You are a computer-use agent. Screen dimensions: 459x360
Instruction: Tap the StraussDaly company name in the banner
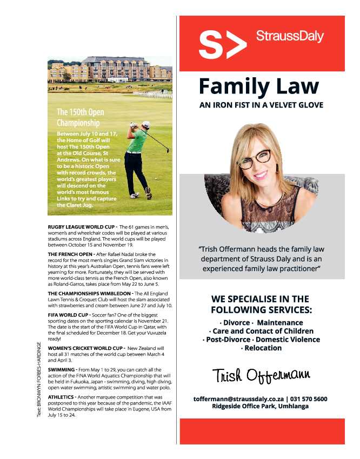pos(290,37)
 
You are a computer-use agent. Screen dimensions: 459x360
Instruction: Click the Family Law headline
pos(259,86)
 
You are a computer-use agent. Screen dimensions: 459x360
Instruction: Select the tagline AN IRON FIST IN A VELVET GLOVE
pos(261,105)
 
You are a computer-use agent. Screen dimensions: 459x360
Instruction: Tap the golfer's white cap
pos(145,124)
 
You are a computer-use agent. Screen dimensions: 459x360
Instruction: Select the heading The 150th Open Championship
pos(81,117)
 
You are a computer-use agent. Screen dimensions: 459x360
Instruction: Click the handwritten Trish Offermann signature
pos(261,375)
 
